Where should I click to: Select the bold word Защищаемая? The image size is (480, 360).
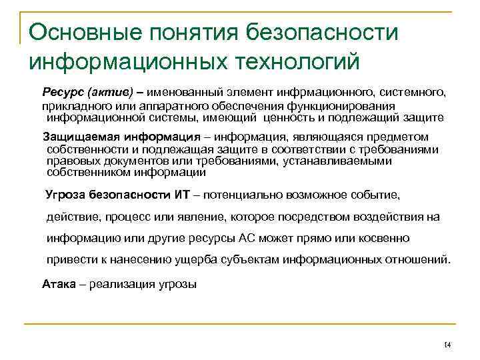click(78, 137)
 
